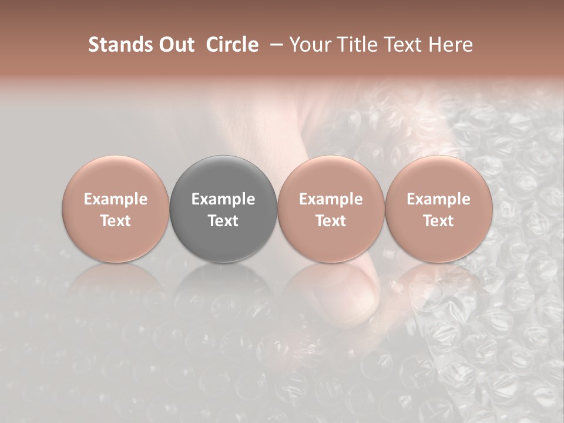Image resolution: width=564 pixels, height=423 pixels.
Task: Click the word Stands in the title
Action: [120, 45]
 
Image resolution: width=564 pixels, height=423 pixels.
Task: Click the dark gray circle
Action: [223, 209]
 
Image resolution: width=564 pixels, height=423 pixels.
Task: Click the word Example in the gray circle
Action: [223, 199]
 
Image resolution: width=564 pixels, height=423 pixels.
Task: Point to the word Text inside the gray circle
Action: [223, 221]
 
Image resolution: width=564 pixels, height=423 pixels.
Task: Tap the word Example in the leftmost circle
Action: [116, 199]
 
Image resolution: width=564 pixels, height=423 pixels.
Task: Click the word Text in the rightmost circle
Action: [439, 221]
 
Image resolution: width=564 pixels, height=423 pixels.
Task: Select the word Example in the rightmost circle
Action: [439, 199]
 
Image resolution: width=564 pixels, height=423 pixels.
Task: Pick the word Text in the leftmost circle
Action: [116, 221]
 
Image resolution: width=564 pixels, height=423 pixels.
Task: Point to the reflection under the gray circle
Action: [223, 288]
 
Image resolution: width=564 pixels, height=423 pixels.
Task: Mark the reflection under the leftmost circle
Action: [116, 288]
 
